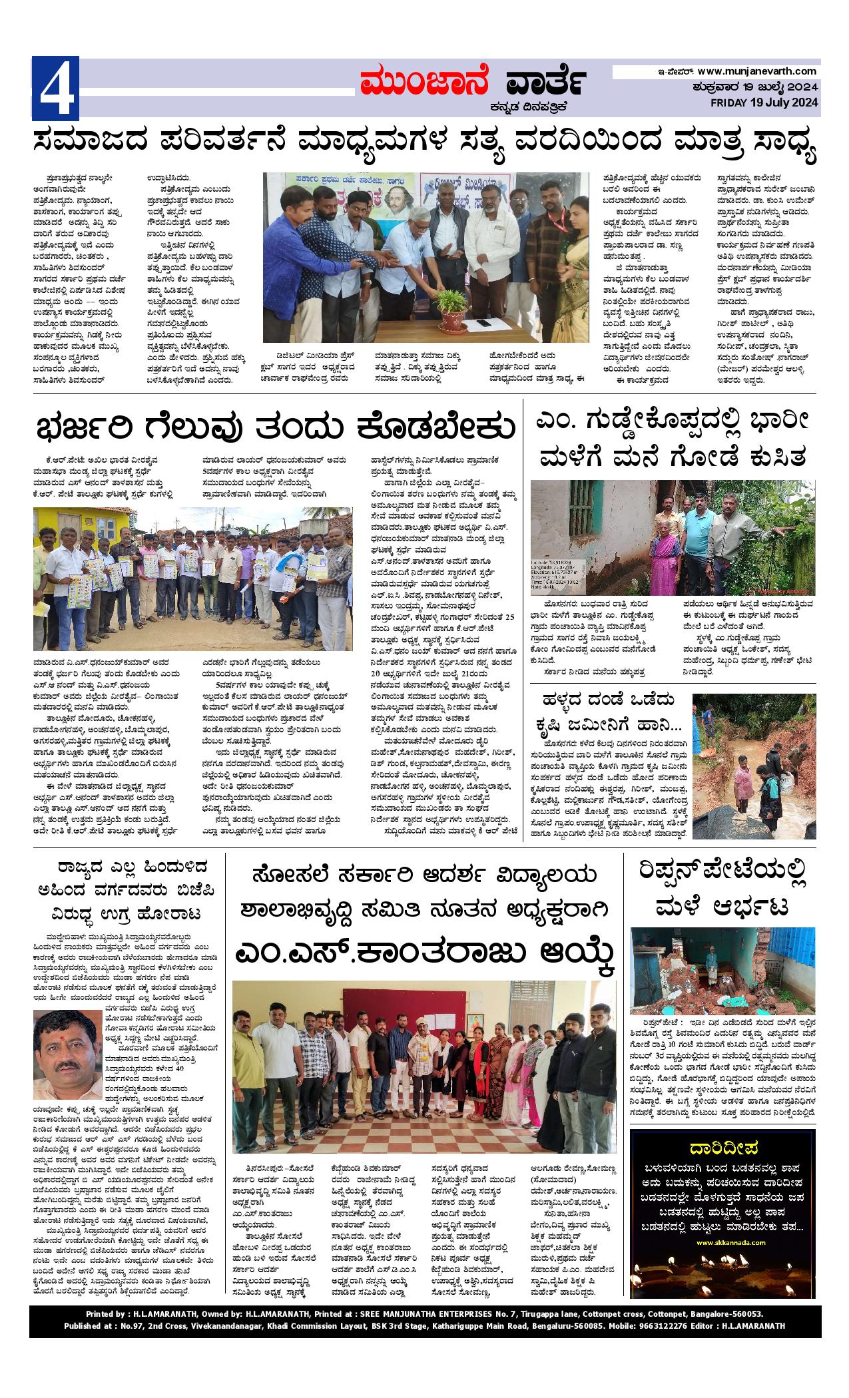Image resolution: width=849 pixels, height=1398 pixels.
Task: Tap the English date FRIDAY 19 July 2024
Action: pyautogui.click(x=763, y=103)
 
